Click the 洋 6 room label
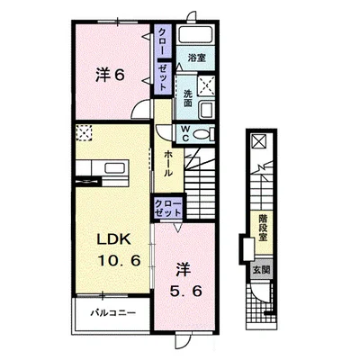[110, 75]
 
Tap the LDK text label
[113, 239]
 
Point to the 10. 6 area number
[119, 260]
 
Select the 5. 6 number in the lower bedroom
[185, 291]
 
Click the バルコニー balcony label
[113, 313]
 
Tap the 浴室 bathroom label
[197, 58]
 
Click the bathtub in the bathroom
[195, 35]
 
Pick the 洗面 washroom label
[188, 98]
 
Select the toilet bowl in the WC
[202, 134]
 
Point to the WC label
[185, 134]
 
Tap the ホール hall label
[168, 164]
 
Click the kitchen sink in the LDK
[115, 168]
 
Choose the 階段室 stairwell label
[263, 227]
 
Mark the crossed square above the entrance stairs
[259, 141]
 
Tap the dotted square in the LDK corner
[84, 132]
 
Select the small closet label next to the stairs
[168, 208]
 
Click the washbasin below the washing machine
[207, 110]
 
